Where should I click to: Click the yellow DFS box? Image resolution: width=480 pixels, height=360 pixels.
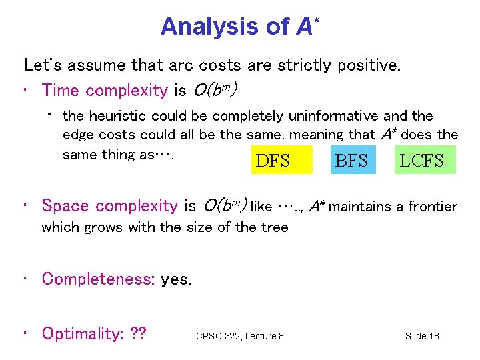click(281, 160)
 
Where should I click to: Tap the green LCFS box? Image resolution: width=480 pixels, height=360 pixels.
click(425, 160)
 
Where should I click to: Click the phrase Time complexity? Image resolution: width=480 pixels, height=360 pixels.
click(105, 90)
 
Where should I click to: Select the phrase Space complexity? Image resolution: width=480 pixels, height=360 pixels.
click(110, 206)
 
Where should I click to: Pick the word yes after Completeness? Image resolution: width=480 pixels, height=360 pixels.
click(176, 279)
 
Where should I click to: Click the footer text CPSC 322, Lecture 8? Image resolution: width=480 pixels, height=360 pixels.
click(239, 336)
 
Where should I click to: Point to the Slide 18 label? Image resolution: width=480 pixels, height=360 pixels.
click(422, 336)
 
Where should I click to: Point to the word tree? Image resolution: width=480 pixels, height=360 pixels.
click(275, 227)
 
